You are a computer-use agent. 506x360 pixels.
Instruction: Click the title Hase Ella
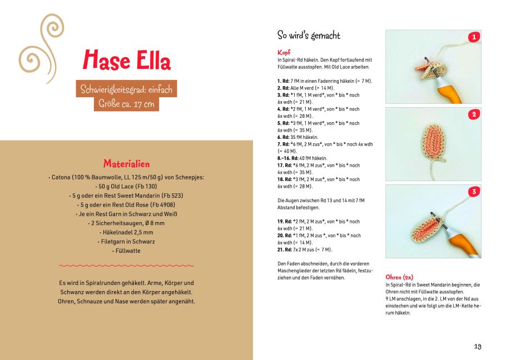tap(127, 60)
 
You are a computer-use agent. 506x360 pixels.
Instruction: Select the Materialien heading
tap(126, 164)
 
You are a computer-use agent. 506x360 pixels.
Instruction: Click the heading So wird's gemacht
tap(309, 36)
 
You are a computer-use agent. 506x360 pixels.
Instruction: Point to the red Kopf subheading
tap(284, 52)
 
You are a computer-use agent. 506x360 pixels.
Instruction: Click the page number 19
tap(478, 346)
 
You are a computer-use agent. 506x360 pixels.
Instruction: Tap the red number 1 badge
tap(474, 37)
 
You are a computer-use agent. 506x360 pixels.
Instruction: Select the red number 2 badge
tap(474, 114)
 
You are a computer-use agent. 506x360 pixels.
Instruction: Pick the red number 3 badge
tap(474, 192)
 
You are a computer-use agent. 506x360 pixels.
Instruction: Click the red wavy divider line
tap(126, 266)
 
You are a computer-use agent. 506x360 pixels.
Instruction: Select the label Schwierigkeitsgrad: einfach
tap(126, 89)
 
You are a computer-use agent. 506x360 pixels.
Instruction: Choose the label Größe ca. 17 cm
tap(126, 103)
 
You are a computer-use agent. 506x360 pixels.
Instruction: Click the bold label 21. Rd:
tap(285, 249)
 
